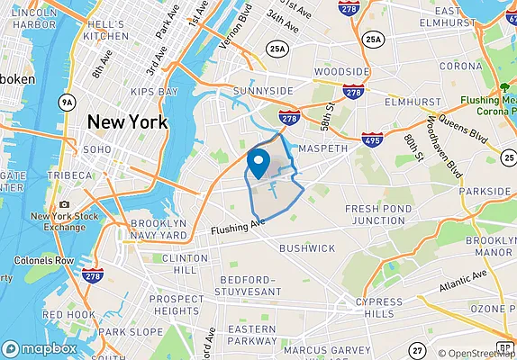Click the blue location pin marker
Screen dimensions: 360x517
click(x=258, y=163)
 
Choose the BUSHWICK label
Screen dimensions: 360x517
click(x=306, y=247)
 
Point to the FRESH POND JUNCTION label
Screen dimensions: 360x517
click(x=378, y=214)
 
